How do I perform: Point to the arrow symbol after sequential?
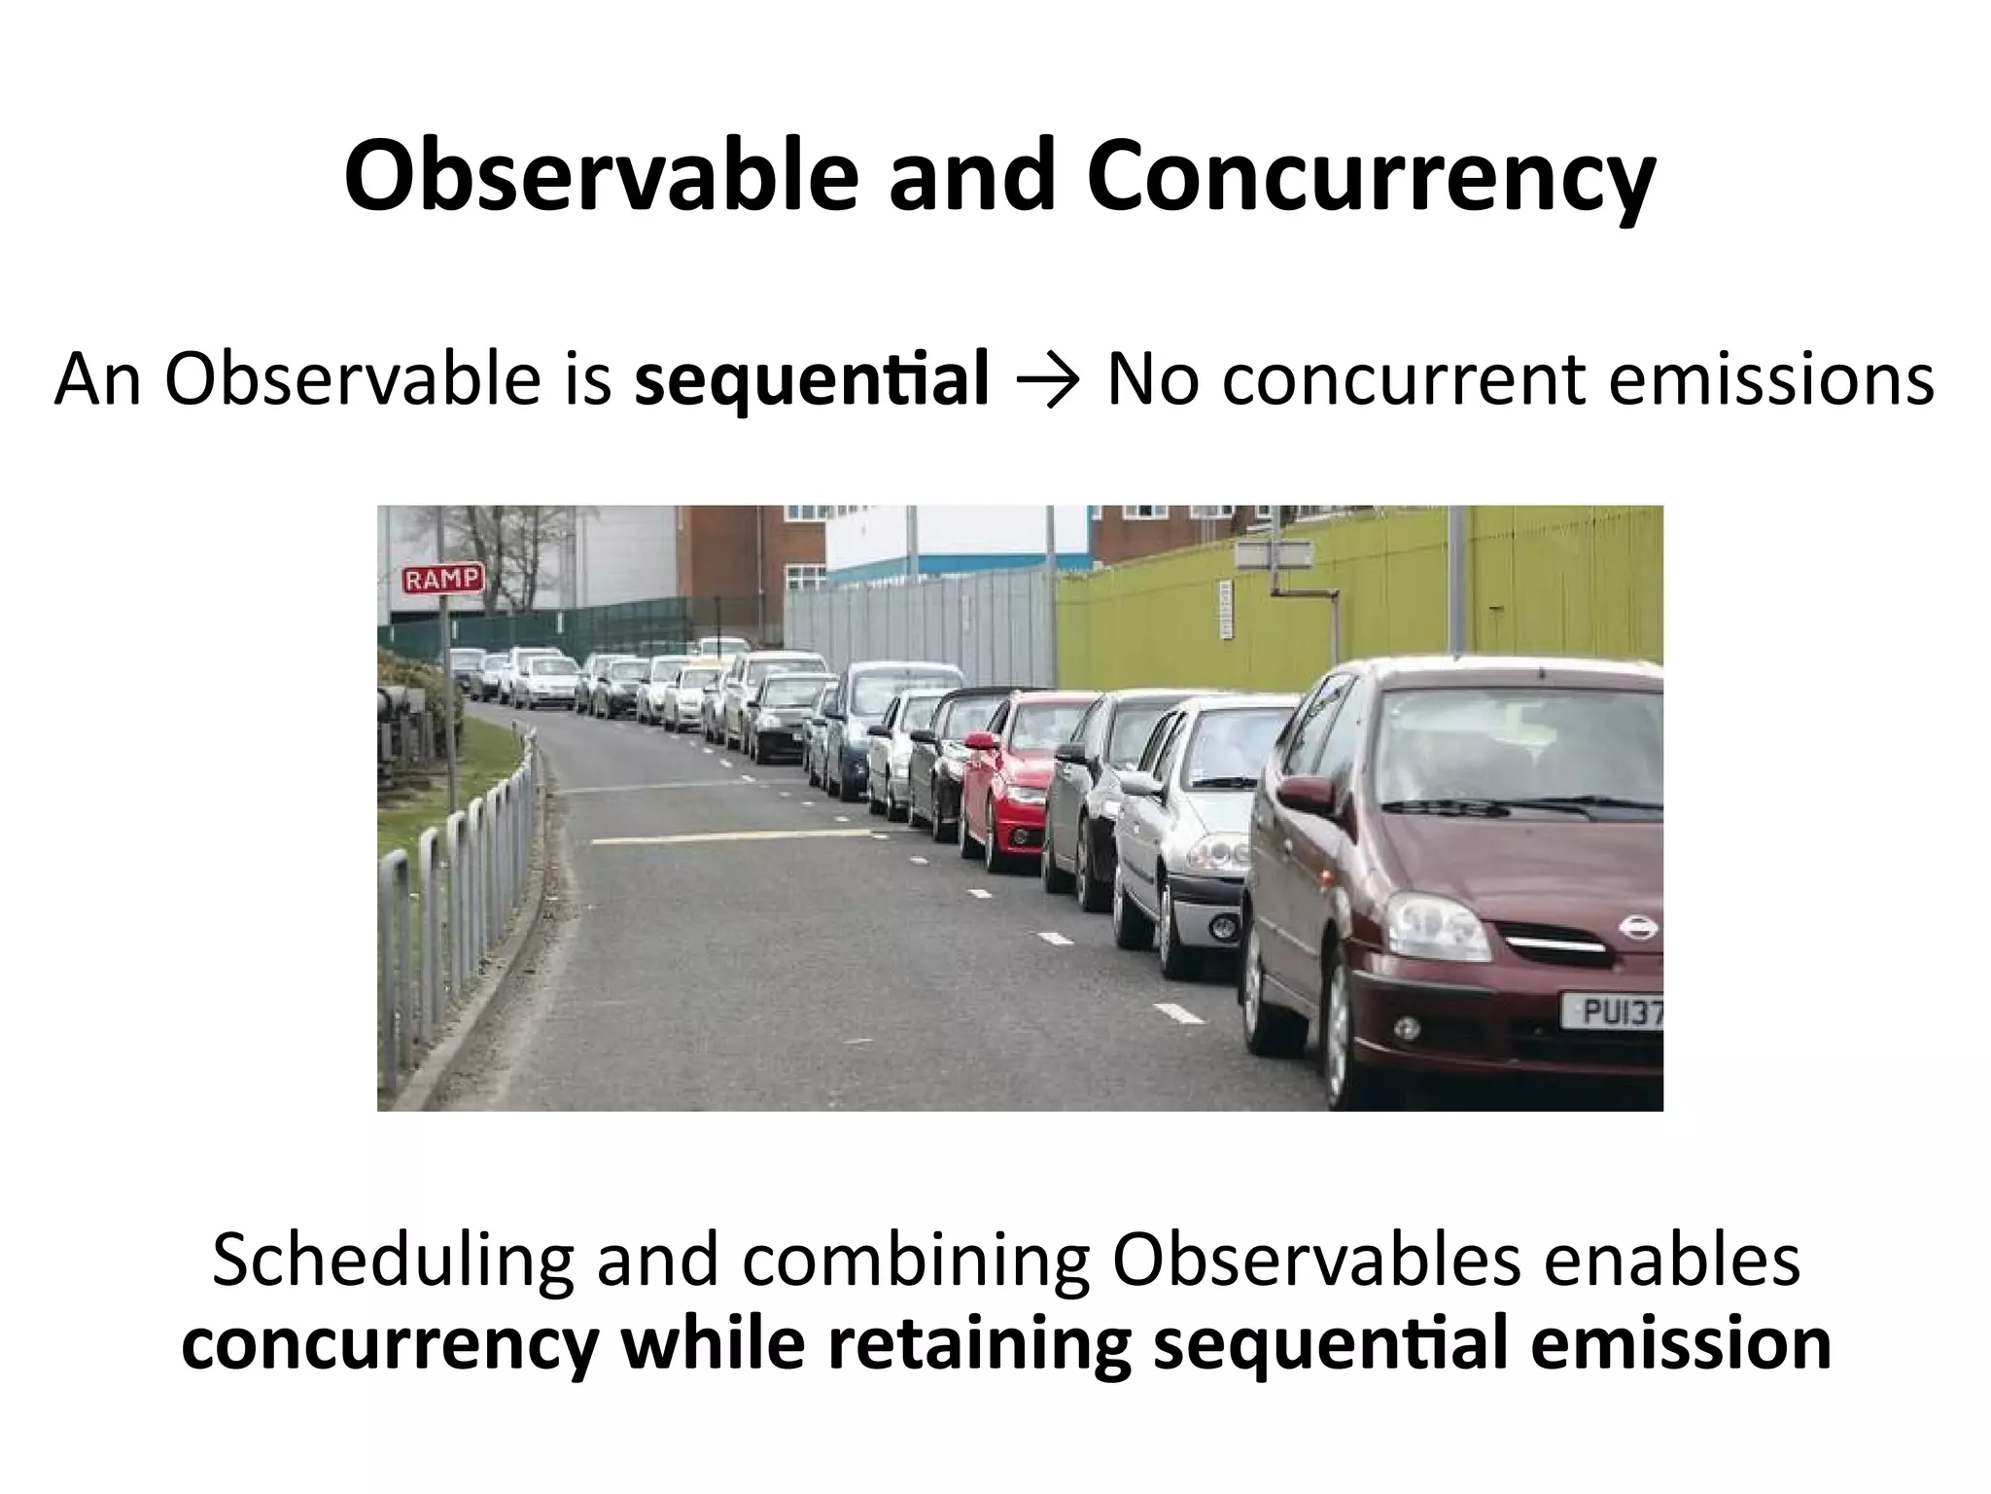click(1048, 380)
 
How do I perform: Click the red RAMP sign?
click(442, 580)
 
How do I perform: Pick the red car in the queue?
click(1021, 778)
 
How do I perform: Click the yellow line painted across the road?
click(729, 835)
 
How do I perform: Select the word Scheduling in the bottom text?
click(393, 1262)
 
